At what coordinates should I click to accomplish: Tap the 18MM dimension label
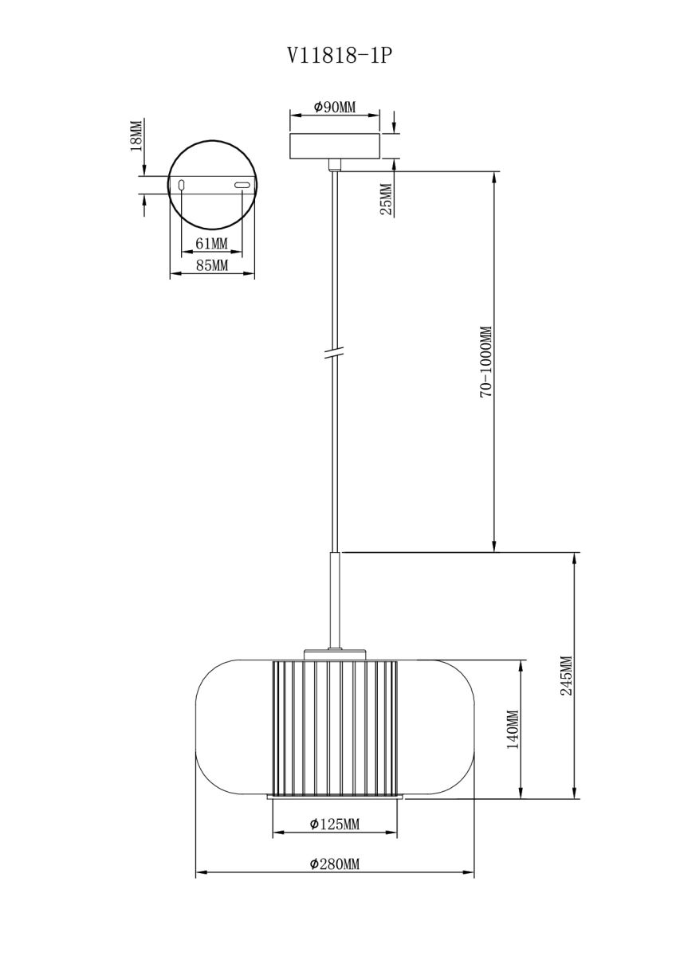(136, 135)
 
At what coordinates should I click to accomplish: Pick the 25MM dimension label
(386, 199)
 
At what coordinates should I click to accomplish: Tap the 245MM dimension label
(566, 676)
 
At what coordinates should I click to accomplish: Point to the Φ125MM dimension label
(334, 824)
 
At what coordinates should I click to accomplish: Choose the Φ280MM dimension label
(334, 864)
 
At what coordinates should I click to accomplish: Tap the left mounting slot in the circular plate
(183, 186)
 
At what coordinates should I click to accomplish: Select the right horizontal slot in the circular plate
(242, 186)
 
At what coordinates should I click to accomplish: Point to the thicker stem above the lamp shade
(335, 597)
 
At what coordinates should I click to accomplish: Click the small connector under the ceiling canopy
(335, 164)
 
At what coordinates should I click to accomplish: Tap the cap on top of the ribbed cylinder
(335, 655)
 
